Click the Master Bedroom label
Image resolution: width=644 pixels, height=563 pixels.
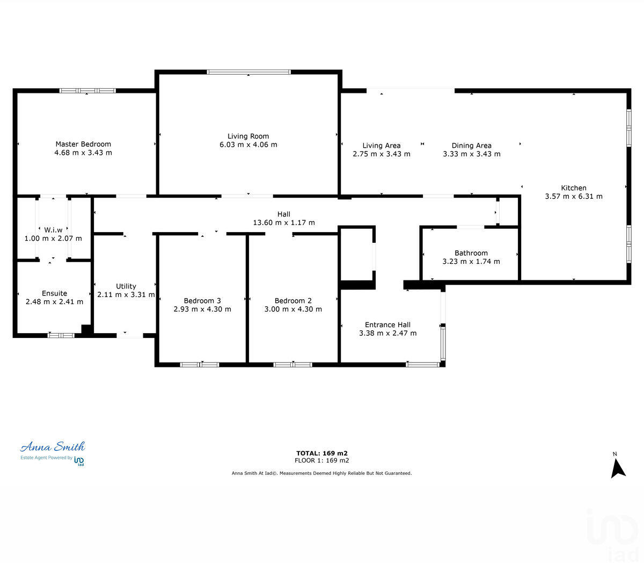tap(83, 144)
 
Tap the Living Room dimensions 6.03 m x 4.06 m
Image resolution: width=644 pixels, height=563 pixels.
tap(248, 145)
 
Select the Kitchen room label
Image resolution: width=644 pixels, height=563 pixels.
tap(574, 188)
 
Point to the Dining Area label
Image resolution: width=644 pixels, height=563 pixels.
tap(471, 146)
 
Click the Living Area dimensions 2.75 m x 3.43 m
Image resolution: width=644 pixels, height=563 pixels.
tap(381, 154)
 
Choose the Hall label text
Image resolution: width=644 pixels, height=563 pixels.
tap(284, 214)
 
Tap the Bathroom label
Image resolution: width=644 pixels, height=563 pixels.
tap(471, 253)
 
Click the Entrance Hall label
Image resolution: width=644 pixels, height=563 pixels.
tap(387, 324)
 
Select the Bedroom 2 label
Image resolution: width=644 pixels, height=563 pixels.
tap(293, 301)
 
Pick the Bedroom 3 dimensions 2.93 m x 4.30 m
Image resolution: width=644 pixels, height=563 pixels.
tap(202, 309)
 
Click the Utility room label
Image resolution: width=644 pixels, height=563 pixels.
tap(126, 286)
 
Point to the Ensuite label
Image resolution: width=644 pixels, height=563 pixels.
tap(54, 293)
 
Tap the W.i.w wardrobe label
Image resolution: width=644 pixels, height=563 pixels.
tap(53, 230)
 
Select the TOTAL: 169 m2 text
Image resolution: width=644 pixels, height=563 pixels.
tap(321, 453)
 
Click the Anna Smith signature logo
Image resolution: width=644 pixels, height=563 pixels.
tap(53, 447)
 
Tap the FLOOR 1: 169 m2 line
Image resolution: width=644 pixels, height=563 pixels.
tap(321, 460)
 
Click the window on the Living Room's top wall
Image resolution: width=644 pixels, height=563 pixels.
tap(248, 72)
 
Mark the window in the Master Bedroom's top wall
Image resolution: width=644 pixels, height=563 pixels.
tap(87, 91)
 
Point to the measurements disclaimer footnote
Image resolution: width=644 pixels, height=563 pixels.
tap(321, 473)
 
